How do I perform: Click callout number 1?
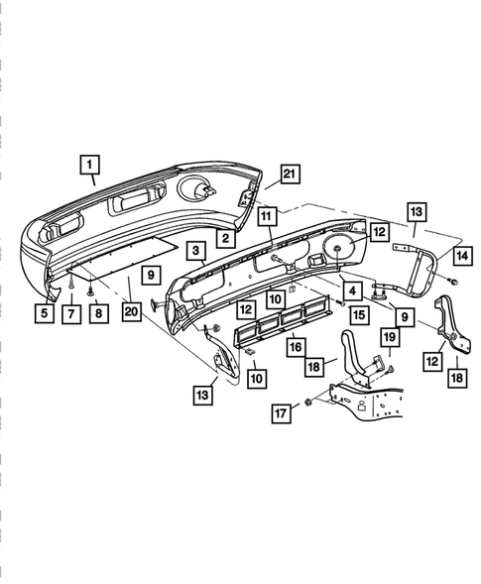(x=90, y=164)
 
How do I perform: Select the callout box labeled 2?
(x=226, y=239)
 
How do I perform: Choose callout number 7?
(x=70, y=314)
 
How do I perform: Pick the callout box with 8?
(x=95, y=314)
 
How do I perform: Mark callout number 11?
(x=267, y=214)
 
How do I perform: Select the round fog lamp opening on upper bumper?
(x=201, y=190)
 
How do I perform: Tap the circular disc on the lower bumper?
(x=338, y=250)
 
